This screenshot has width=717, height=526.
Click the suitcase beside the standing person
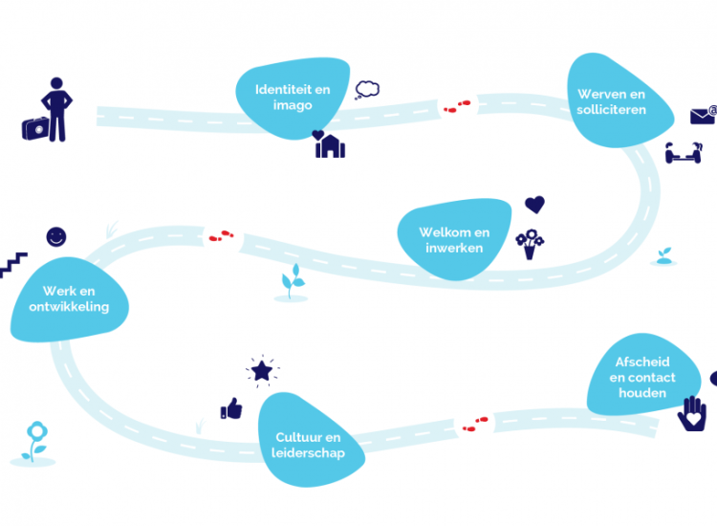click(x=34, y=127)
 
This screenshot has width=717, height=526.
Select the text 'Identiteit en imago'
click(x=293, y=97)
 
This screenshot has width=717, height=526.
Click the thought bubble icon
click(x=367, y=90)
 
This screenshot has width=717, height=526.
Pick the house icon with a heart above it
click(x=330, y=145)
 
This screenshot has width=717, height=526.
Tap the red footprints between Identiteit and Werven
click(x=458, y=105)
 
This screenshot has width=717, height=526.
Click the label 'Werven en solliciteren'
click(x=612, y=101)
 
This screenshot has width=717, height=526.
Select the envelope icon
click(x=704, y=116)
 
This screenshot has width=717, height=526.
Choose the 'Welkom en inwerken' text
click(x=454, y=240)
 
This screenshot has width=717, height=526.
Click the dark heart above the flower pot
click(x=535, y=205)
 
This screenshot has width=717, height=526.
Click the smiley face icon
click(x=56, y=235)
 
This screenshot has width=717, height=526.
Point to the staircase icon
click(x=13, y=265)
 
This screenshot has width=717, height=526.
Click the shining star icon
click(x=260, y=369)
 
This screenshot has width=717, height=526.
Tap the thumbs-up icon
click(x=231, y=409)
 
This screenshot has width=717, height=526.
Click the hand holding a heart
click(x=691, y=414)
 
